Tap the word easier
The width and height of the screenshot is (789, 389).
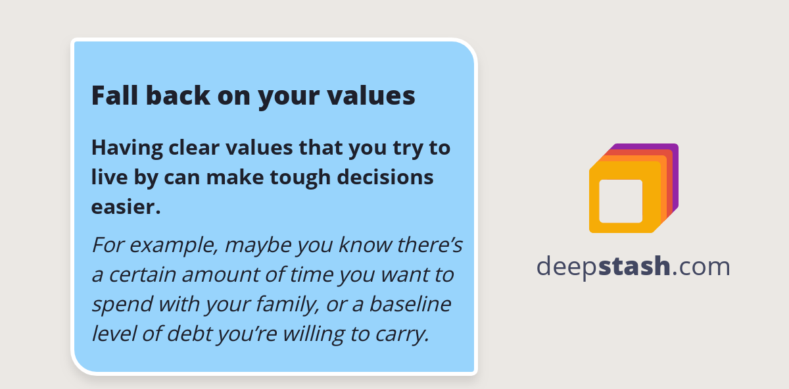pos(126,207)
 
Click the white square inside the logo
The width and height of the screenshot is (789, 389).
pos(621,201)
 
